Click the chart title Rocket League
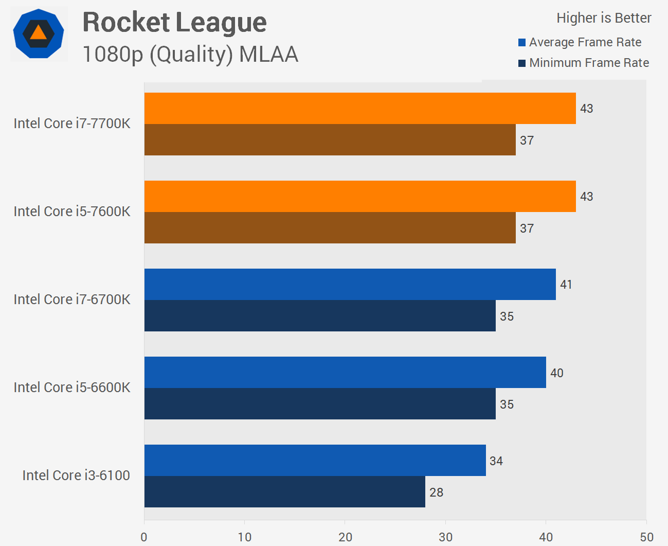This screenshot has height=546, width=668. [x=174, y=23]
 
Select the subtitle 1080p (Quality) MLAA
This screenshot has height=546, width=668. [x=190, y=55]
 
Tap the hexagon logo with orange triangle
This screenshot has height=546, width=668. [x=39, y=34]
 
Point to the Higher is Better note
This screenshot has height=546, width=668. [x=604, y=18]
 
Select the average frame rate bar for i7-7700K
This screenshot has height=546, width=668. [x=360, y=109]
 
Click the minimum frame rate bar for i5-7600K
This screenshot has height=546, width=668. [x=330, y=228]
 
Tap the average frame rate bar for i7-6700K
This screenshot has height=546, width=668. [x=350, y=285]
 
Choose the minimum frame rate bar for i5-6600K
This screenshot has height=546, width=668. [x=320, y=404]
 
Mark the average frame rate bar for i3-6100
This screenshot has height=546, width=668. [x=315, y=461]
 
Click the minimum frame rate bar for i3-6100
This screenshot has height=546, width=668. [x=284, y=492]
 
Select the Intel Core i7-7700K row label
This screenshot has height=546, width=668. [x=72, y=124]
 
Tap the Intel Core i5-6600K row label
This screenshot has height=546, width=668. [x=72, y=388]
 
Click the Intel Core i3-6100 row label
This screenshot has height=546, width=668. [x=76, y=475]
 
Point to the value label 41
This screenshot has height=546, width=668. [x=566, y=285]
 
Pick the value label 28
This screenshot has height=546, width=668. [x=436, y=492]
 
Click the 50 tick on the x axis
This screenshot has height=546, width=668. [x=646, y=537]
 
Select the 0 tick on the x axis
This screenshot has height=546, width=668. [x=144, y=537]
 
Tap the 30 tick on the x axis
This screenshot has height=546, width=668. [x=446, y=537]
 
